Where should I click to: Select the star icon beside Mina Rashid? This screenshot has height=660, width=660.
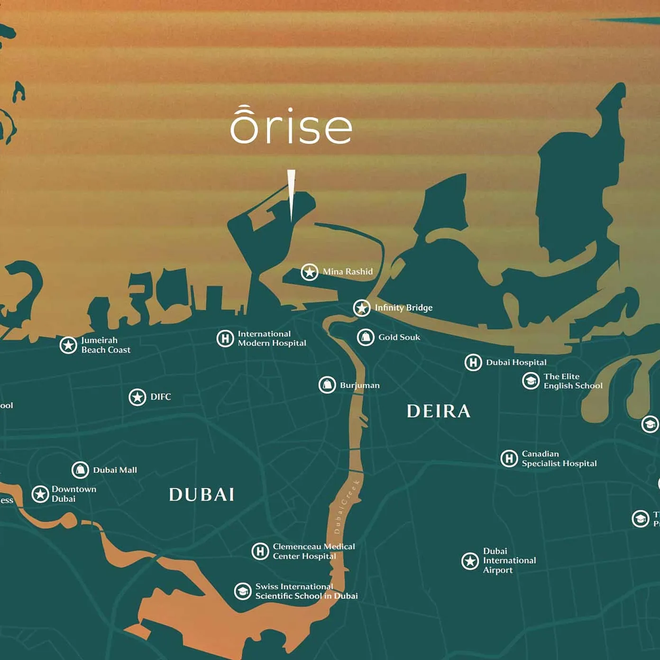[310, 272]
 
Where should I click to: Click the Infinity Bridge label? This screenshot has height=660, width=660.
[403, 308]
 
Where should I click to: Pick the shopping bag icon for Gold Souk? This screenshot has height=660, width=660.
[366, 337]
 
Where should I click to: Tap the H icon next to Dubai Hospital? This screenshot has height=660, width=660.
[473, 362]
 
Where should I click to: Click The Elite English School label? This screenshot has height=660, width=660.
[573, 381]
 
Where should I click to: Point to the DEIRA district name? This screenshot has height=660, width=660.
[439, 411]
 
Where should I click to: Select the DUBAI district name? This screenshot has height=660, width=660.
[202, 495]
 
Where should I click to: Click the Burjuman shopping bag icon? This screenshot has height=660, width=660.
[327, 385]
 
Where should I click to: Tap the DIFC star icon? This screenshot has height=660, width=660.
[137, 397]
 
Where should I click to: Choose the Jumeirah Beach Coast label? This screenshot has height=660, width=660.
[106, 345]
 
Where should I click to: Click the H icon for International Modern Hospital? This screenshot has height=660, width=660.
[225, 339]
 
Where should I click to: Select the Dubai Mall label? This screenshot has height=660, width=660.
[115, 470]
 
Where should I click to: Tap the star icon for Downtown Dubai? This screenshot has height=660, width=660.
[40, 494]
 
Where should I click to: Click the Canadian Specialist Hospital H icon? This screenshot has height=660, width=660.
[509, 458]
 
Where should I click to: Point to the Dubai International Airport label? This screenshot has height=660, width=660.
[509, 560]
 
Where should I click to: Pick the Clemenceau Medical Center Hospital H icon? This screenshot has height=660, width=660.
[260, 551]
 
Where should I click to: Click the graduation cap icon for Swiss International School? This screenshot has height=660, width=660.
[243, 591]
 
